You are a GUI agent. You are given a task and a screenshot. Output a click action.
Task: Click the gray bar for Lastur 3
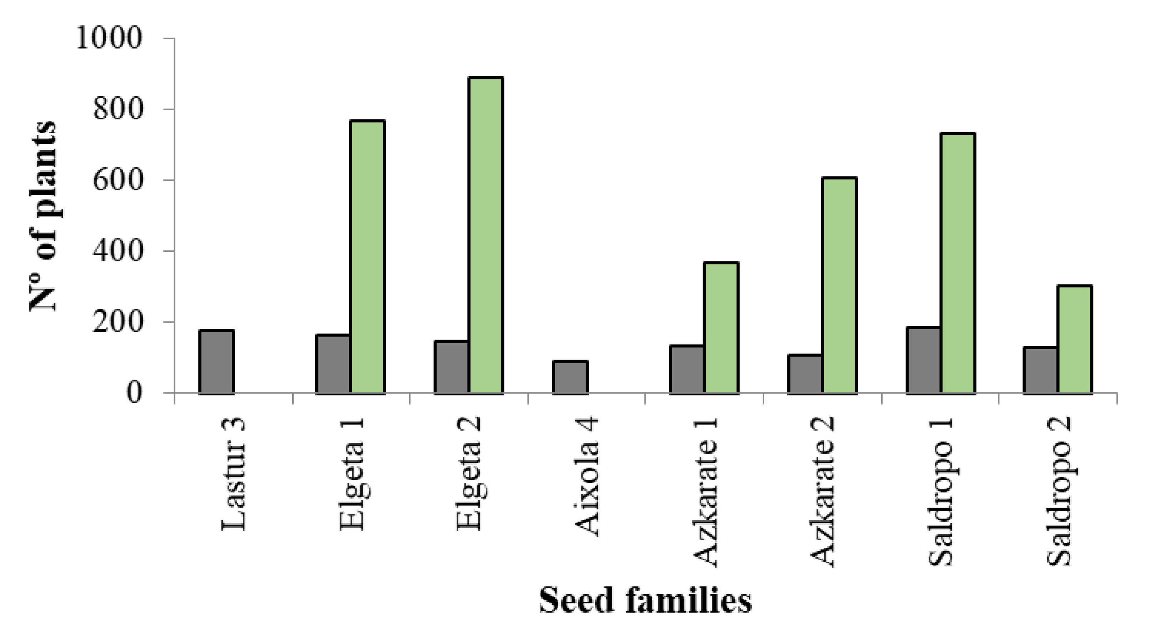pyautogui.click(x=216, y=362)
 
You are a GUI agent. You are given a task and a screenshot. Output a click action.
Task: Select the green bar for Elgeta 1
pyautogui.click(x=367, y=257)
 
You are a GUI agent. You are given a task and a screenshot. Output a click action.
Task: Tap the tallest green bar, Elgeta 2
pyautogui.click(x=486, y=236)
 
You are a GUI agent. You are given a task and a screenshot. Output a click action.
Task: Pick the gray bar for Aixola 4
pyautogui.click(x=570, y=377)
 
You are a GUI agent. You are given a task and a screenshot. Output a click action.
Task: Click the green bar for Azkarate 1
pyautogui.click(x=721, y=328)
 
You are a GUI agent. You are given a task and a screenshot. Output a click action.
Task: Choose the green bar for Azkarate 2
pyautogui.click(x=839, y=286)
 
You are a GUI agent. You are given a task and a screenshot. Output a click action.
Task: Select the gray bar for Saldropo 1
pyautogui.click(x=923, y=360)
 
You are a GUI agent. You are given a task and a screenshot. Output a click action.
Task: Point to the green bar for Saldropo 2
pyautogui.click(x=1075, y=339)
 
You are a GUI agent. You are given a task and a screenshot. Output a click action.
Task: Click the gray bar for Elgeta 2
pyautogui.click(x=451, y=367)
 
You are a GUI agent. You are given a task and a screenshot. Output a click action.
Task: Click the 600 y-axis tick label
pyautogui.click(x=117, y=180)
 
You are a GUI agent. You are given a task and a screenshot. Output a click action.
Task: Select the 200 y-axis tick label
pyautogui.click(x=117, y=322)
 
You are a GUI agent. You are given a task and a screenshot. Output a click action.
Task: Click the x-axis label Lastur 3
pyautogui.click(x=233, y=474)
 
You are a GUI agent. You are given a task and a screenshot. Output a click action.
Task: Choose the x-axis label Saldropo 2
pyautogui.click(x=1058, y=491)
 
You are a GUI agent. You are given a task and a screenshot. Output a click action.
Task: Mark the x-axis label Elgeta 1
pyautogui.click(x=352, y=474)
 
